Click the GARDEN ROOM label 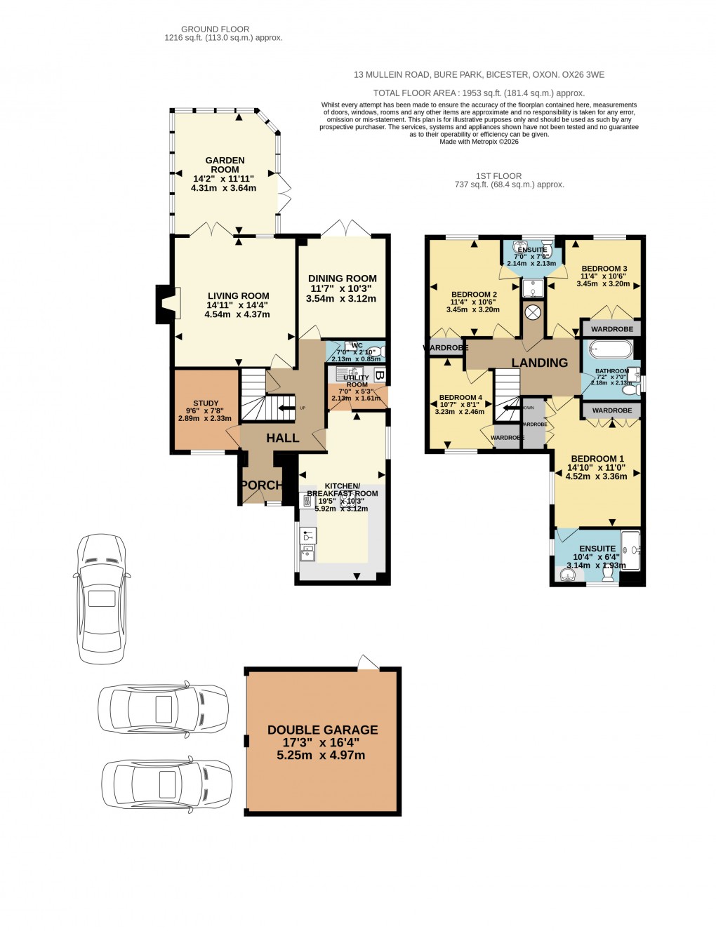click(225, 165)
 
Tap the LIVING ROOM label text click(238, 296)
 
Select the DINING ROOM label click(343, 279)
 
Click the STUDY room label click(206, 403)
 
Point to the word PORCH click(260, 485)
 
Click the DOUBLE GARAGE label click(323, 730)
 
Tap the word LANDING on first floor click(539, 363)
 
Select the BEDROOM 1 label click(597, 459)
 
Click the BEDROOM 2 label click(474, 295)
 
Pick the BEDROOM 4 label click(460, 398)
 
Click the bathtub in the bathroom click(610, 349)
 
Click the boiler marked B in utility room click(379, 375)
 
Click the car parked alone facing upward click(102, 598)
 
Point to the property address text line click(479, 75)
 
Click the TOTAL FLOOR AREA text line click(479, 93)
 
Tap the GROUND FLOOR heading click(215, 29)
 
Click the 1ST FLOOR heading click(498, 176)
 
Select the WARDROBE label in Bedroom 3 click(611, 329)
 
